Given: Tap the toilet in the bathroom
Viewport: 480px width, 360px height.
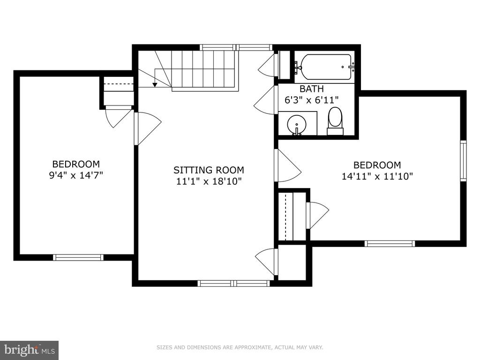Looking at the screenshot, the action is (x=335, y=121).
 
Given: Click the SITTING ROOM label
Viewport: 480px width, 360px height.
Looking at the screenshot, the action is (x=209, y=170).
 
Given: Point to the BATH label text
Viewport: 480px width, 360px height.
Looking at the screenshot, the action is (x=311, y=89).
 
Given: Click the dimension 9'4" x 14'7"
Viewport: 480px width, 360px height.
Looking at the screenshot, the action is (x=76, y=175).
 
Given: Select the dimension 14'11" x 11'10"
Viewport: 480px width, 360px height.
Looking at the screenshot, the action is (x=377, y=176).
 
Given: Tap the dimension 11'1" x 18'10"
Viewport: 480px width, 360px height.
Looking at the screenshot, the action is (x=209, y=181).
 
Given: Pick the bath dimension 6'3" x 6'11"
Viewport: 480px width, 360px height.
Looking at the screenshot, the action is (x=311, y=100).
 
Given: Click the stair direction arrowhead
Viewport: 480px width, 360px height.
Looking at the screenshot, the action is (x=155, y=84).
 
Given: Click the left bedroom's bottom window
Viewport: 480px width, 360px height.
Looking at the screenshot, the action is (x=78, y=257).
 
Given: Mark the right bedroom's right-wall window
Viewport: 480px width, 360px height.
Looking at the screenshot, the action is (x=464, y=161).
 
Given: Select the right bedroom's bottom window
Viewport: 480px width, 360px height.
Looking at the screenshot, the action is (x=390, y=244).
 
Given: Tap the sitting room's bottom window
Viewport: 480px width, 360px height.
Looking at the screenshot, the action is (x=234, y=283).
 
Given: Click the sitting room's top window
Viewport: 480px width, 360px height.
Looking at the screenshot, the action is (x=236, y=47).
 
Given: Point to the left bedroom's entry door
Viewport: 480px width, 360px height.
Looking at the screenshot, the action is (x=147, y=128).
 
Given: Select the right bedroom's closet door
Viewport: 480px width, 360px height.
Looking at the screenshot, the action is (x=317, y=215).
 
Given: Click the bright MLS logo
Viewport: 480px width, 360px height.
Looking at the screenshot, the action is (x=29, y=350).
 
